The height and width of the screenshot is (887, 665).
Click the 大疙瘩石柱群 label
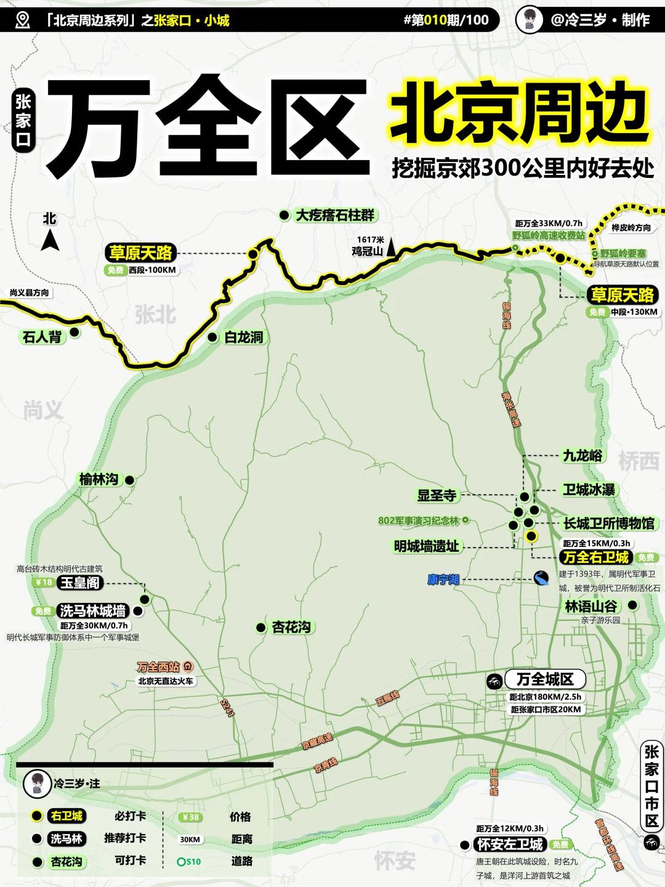tap(335, 215)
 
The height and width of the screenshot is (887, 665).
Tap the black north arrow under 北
tap(50, 240)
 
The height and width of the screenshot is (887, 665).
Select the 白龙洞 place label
tap(244, 337)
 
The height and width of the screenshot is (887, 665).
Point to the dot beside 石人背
tap(75, 333)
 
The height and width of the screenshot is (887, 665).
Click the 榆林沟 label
tap(99, 479)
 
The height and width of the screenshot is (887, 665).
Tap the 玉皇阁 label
tap(80, 583)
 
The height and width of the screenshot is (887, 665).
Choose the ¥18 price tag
tap(44, 582)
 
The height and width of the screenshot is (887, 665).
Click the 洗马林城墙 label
tap(92, 610)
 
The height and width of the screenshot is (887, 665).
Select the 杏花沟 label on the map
tap(291, 627)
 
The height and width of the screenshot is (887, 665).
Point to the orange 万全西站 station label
tap(158, 666)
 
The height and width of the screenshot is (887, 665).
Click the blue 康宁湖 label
tap(443, 580)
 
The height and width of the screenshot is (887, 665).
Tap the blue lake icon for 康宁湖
tap(541, 578)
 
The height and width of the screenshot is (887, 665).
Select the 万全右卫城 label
tap(596, 557)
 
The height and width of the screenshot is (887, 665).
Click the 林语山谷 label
tap(591, 606)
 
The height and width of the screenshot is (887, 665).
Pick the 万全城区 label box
tap(545, 679)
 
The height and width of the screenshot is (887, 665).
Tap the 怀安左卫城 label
tap(510, 844)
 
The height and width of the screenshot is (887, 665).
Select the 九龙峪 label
tap(582, 456)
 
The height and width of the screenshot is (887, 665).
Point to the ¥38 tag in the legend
tap(190, 817)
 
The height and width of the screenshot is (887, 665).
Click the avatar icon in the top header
tap(529, 20)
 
